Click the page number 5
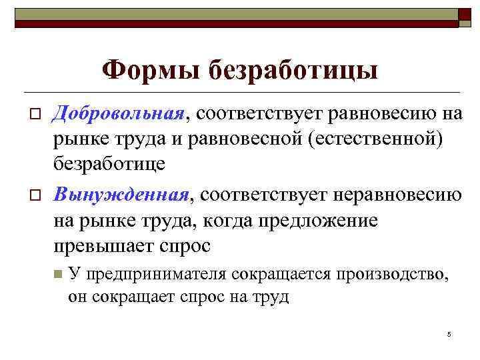[450, 334]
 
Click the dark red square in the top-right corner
[465, 17]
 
